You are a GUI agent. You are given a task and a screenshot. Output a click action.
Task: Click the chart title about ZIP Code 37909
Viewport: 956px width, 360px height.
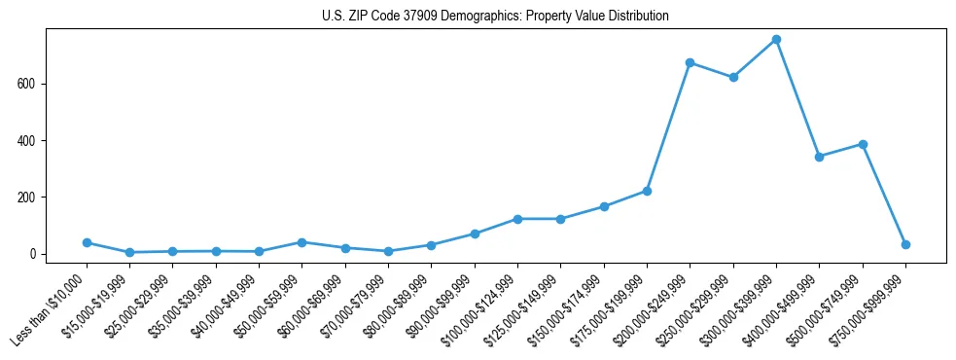(x=495, y=17)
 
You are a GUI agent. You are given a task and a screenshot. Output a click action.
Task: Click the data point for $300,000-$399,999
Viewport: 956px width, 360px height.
(x=776, y=40)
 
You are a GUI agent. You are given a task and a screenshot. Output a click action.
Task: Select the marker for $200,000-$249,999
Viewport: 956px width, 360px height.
(x=690, y=63)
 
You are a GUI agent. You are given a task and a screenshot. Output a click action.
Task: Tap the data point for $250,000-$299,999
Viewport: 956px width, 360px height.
(x=733, y=77)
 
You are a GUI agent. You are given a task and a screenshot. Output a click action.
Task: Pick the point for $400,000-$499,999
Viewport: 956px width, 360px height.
(x=819, y=157)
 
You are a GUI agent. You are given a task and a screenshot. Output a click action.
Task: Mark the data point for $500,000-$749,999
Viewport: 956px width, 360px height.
(x=863, y=144)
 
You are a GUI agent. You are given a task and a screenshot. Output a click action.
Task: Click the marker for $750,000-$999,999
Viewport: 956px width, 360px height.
(x=905, y=244)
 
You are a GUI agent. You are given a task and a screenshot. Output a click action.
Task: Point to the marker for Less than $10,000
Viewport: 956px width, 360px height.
(x=87, y=242)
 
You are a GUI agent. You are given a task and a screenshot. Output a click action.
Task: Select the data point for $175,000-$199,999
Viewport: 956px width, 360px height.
(x=647, y=191)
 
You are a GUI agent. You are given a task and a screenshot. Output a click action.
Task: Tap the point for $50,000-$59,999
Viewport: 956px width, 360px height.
(x=302, y=242)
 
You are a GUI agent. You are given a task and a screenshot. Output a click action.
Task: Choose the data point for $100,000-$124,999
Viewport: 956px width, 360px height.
(x=517, y=219)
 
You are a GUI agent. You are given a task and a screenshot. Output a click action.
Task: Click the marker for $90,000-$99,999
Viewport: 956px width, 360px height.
(x=475, y=234)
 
